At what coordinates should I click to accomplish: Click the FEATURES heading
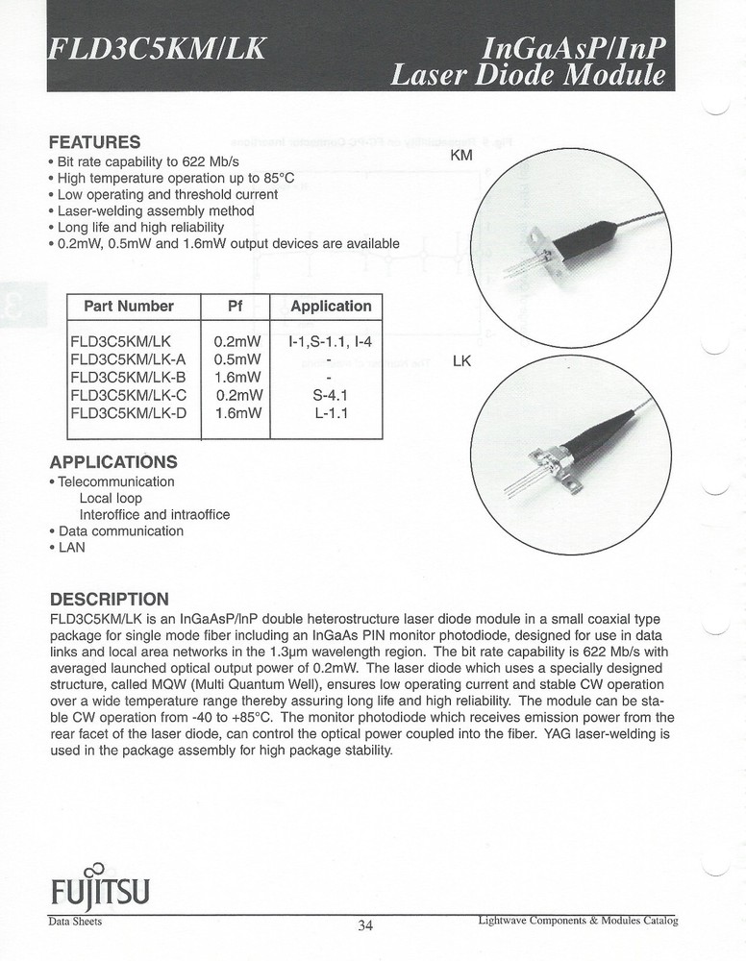tap(94, 141)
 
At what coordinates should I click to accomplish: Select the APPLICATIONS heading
tap(112, 462)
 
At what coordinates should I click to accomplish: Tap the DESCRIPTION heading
tap(109, 600)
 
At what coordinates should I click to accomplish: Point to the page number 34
tap(365, 926)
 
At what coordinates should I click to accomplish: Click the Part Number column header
tap(129, 307)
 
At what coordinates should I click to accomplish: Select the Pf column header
tap(235, 307)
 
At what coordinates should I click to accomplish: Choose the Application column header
tap(331, 307)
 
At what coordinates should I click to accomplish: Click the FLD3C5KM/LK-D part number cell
tap(128, 413)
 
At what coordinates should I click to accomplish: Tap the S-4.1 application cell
tap(331, 395)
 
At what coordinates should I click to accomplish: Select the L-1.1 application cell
tap(331, 413)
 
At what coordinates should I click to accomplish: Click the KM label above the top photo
tap(461, 156)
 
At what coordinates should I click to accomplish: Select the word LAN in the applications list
tap(72, 548)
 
